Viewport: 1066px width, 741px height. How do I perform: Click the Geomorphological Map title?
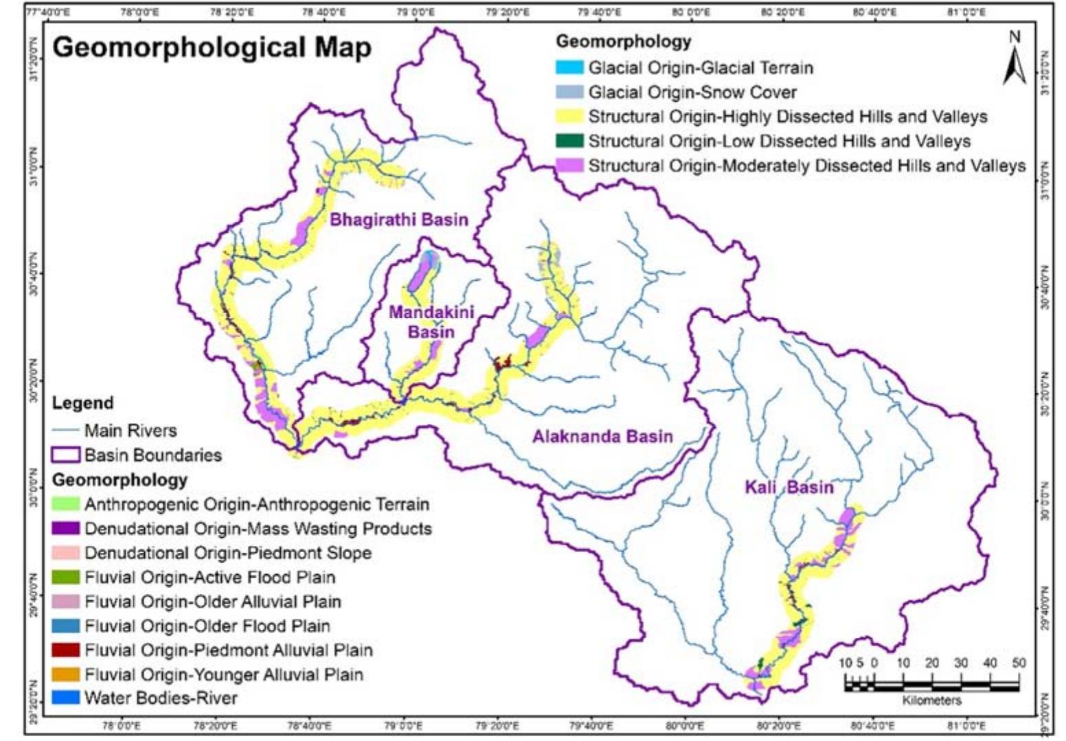[x=212, y=48]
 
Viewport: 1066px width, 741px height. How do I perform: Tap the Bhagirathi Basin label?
[x=398, y=220]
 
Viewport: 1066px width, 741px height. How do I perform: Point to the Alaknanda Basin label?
[x=602, y=436]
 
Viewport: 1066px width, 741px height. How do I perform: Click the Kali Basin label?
[x=789, y=488]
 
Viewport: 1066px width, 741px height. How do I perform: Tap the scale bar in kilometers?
[x=931, y=684]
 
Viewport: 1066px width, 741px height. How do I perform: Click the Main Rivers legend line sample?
[x=66, y=431]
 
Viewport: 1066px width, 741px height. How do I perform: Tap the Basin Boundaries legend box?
[x=66, y=455]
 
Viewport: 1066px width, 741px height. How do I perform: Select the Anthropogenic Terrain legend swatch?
[x=66, y=504]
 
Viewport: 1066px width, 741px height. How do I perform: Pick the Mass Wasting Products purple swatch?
[x=66, y=529]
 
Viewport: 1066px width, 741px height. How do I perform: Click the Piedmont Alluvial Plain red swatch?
[x=66, y=650]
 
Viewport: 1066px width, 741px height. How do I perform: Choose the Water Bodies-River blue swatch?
[x=66, y=698]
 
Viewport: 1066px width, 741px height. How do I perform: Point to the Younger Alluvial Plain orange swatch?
[x=66, y=674]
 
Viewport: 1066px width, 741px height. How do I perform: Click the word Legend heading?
[x=83, y=403]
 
